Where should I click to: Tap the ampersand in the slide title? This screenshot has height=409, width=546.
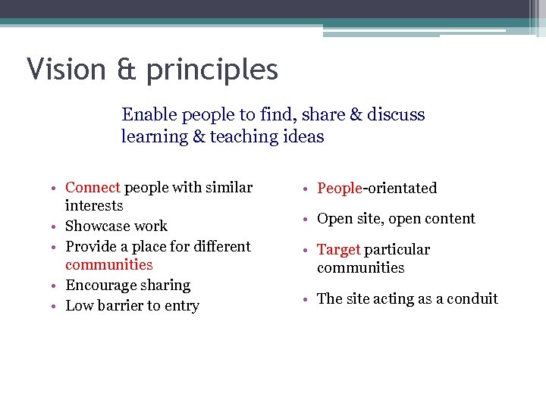[x=126, y=70]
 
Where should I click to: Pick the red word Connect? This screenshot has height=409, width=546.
[x=93, y=187]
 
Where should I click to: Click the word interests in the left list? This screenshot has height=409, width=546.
[x=94, y=206]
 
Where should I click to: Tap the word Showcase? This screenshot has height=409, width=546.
[x=96, y=226]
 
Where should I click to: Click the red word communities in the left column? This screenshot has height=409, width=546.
[x=109, y=265]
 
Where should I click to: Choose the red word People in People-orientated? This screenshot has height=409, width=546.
[x=339, y=189]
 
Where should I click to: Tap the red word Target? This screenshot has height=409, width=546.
[x=338, y=250]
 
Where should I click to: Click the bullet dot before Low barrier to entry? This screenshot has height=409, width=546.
[x=56, y=307]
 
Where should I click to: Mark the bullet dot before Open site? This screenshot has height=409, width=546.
[x=308, y=220]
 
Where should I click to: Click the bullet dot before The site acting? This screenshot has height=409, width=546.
[x=308, y=300]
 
